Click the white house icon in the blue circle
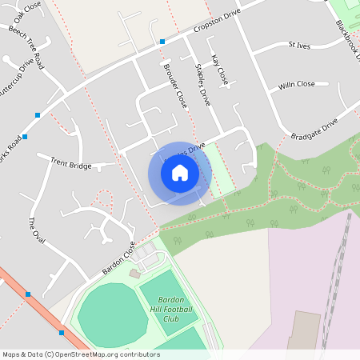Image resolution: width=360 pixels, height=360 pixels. coord(180,172)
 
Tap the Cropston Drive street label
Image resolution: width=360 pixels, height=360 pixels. coord(217,22)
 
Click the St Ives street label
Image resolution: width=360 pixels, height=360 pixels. coord(298,45)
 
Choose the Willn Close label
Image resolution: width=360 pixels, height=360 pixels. coord(297,85)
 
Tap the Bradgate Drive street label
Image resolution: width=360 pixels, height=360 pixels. coord(314,130)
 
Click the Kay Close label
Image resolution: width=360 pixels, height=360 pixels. coord(220,70)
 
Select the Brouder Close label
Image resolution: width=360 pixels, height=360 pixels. coord(174,86)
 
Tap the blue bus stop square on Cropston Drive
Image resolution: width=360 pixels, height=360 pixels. coord(162,41)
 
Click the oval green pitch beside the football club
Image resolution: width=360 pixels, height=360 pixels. coord(112,318)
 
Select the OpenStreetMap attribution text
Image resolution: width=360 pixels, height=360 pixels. coord(80,354)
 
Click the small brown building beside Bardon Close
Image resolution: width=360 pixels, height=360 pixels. coord(134,274)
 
